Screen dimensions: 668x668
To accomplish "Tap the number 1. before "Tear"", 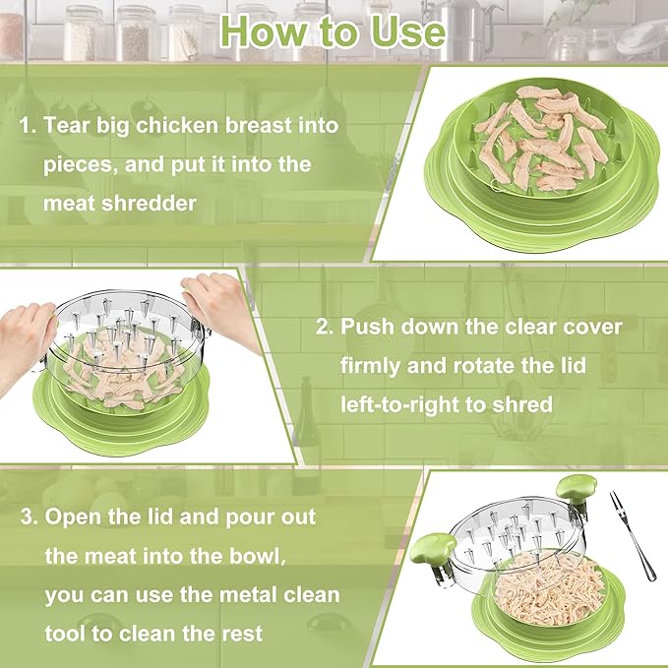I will click(29, 125).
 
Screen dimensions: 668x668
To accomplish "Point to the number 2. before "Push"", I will click(325, 327).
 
